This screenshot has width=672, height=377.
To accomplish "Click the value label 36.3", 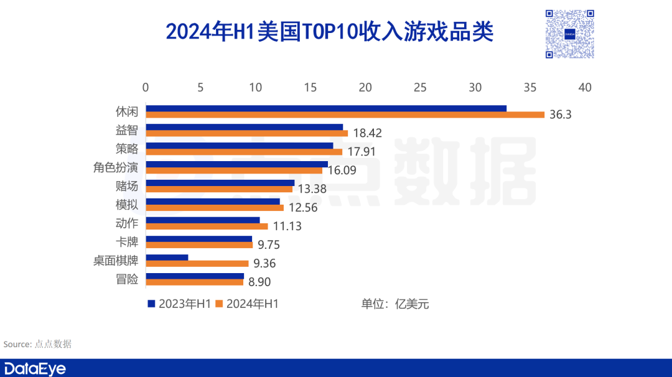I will click(x=561, y=114).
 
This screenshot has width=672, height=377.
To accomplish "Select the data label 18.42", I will click(x=367, y=133).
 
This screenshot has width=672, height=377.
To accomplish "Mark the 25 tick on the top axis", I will click(x=420, y=88).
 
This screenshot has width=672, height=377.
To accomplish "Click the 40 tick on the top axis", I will click(x=584, y=88).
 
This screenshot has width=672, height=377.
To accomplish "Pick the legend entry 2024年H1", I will click(x=247, y=304).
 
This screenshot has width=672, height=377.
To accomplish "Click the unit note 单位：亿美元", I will click(x=395, y=304).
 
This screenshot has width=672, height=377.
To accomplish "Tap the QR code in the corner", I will click(x=569, y=34).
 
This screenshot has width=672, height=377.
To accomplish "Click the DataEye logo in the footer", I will click(x=34, y=368).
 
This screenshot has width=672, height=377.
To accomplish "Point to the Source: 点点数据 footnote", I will click(x=37, y=344).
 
